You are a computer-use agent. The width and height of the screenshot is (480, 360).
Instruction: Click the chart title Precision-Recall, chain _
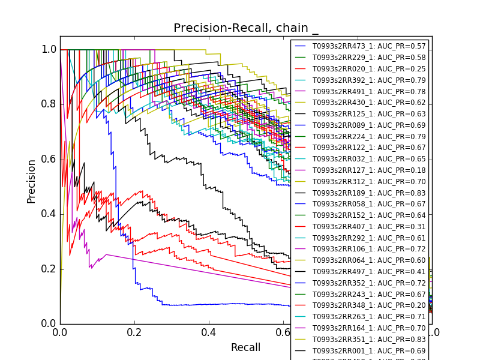pyautogui.click(x=246, y=28)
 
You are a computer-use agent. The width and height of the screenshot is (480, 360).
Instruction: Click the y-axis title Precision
pyautogui.click(x=31, y=181)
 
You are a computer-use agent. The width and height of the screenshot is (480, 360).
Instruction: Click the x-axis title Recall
pyautogui.click(x=246, y=347)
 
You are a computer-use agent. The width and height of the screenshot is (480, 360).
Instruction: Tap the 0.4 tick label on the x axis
pyautogui.click(x=209, y=332)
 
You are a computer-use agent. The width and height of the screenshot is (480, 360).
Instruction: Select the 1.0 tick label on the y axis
pyautogui.click(x=49, y=49)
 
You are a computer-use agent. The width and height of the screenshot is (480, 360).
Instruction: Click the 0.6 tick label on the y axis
pyautogui.click(x=49, y=159)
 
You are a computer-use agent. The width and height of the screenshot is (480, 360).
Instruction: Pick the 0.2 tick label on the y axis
pyautogui.click(x=49, y=269)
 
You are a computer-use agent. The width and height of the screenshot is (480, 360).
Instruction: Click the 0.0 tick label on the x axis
pyautogui.click(x=60, y=332)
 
